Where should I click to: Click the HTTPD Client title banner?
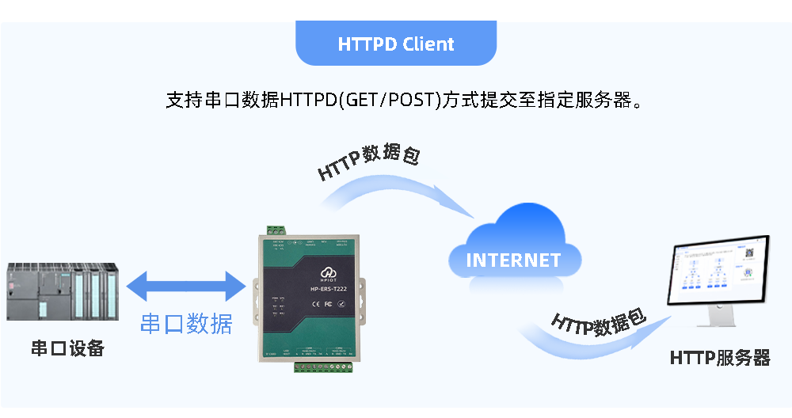[x=396, y=44]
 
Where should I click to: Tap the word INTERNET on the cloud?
[x=513, y=260]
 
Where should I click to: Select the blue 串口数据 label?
[x=186, y=323]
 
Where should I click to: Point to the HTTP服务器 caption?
[x=719, y=358]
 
